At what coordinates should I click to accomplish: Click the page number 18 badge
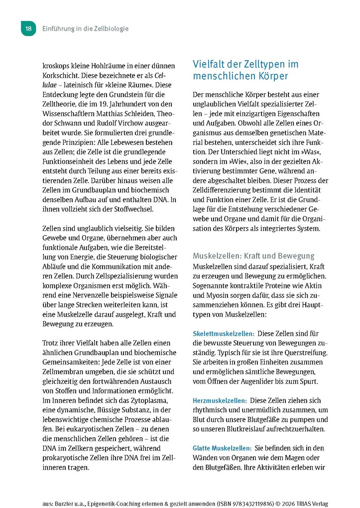[x=28, y=29]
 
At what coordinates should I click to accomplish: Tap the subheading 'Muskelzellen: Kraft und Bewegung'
[x=253, y=255]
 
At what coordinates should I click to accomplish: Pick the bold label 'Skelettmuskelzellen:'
[x=224, y=333]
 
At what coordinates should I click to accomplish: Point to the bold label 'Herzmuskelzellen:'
[x=220, y=400]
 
